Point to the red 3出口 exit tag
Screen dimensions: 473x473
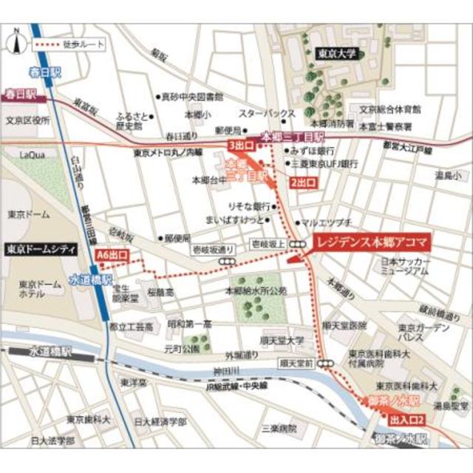[x=242, y=144]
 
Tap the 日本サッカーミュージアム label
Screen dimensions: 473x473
[x=404, y=267]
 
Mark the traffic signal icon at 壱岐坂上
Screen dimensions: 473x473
[x=299, y=244]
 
